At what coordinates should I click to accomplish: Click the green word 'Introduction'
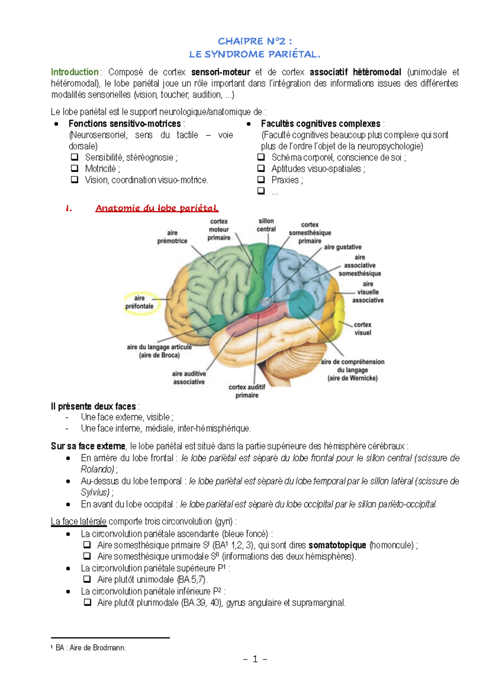75,72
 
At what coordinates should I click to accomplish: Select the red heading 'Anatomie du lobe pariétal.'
157,208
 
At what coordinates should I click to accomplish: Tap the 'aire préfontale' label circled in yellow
139,302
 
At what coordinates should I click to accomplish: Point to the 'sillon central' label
266,225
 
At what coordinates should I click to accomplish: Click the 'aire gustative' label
343,247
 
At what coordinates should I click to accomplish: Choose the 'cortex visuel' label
362,329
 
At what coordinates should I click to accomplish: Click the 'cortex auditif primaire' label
247,391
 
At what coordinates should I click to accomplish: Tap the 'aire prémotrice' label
172,237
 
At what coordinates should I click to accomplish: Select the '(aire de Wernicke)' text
352,378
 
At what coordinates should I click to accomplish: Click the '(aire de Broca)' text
159,355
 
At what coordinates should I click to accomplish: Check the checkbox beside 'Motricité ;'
75,168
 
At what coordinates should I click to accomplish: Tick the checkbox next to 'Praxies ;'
261,180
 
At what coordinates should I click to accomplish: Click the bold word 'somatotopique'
337,545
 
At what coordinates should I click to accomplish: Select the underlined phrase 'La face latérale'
79,522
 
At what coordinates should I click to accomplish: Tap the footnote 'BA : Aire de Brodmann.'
90,648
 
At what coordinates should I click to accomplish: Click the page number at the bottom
255,659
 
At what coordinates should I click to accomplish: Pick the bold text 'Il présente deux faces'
93,406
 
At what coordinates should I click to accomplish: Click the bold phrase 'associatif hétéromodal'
355,72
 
